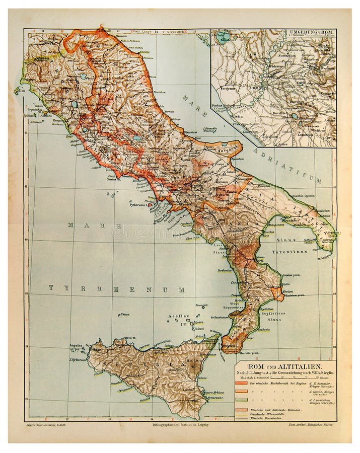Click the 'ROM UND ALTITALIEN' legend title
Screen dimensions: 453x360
pos(284,366)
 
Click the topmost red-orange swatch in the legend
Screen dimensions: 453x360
pos(241,382)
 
